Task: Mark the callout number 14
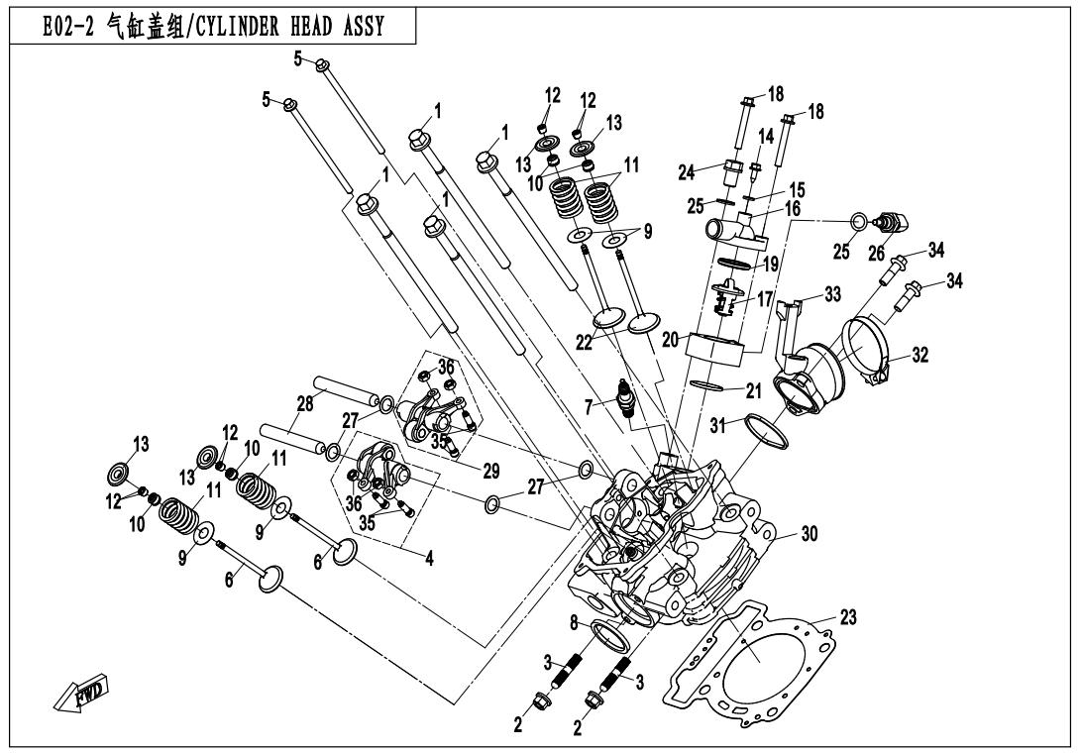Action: point(765,135)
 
